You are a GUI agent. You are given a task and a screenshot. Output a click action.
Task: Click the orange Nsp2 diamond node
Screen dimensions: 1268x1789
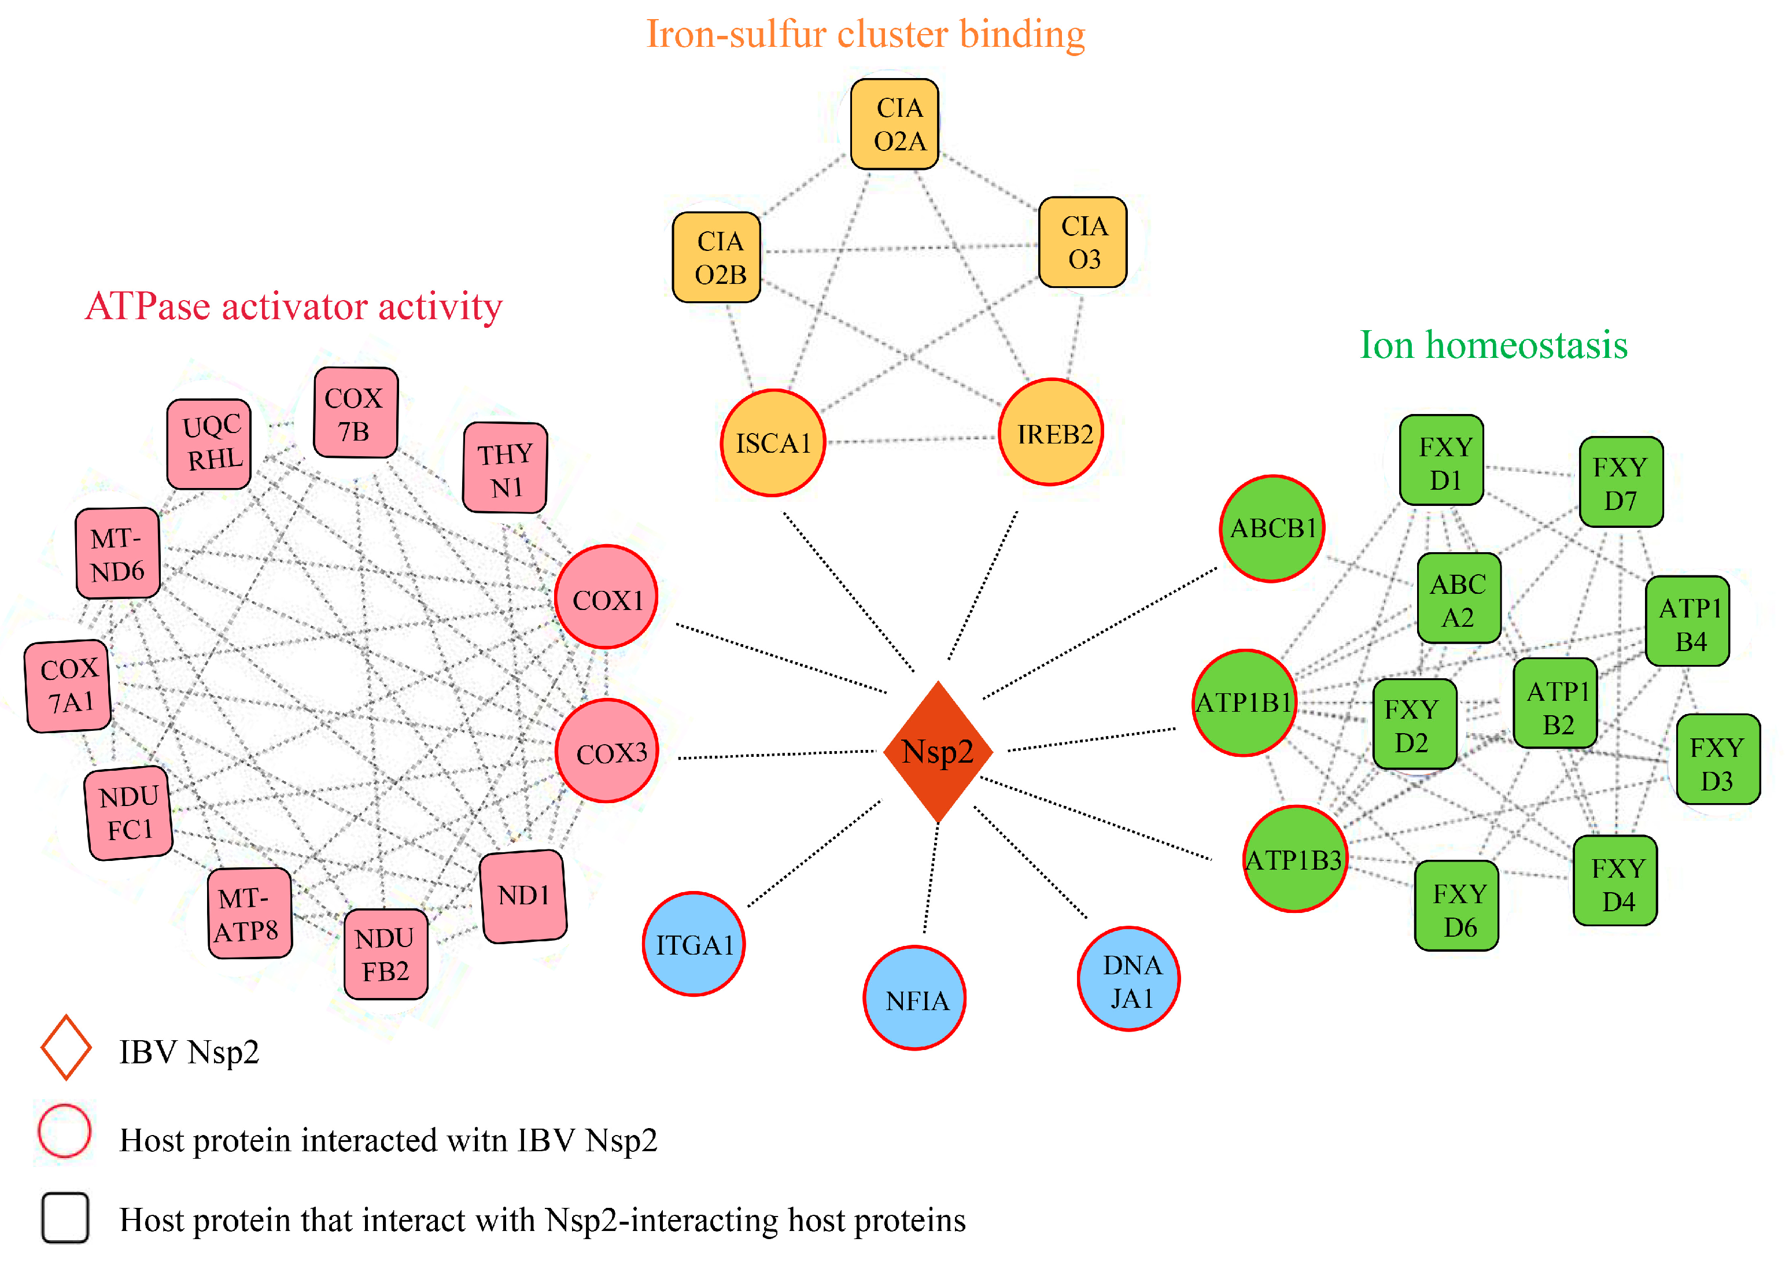click(938, 752)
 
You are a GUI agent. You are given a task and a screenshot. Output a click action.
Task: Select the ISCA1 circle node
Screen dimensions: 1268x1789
click(772, 443)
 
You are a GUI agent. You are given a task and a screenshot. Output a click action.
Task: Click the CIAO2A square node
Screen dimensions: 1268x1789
click(895, 124)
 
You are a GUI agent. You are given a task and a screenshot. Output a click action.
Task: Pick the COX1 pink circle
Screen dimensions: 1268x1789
click(606, 597)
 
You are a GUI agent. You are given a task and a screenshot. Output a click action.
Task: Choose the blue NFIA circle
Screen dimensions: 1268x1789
click(914, 998)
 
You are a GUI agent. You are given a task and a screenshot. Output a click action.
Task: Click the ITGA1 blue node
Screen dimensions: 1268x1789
click(694, 944)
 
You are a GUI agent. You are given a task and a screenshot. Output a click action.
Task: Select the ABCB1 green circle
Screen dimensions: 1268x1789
click(1271, 528)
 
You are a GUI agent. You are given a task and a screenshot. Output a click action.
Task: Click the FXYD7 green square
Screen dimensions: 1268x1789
click(1621, 483)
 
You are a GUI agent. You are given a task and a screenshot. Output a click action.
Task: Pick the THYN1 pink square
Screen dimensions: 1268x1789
click(505, 468)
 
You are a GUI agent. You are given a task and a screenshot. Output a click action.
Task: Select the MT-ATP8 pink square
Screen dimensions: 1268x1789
click(249, 913)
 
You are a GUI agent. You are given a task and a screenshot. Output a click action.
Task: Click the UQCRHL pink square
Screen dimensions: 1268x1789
click(209, 444)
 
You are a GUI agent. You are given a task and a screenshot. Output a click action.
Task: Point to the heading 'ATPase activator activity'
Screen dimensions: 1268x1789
click(294, 306)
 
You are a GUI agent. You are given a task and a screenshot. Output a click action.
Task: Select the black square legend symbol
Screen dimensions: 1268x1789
click(65, 1217)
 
